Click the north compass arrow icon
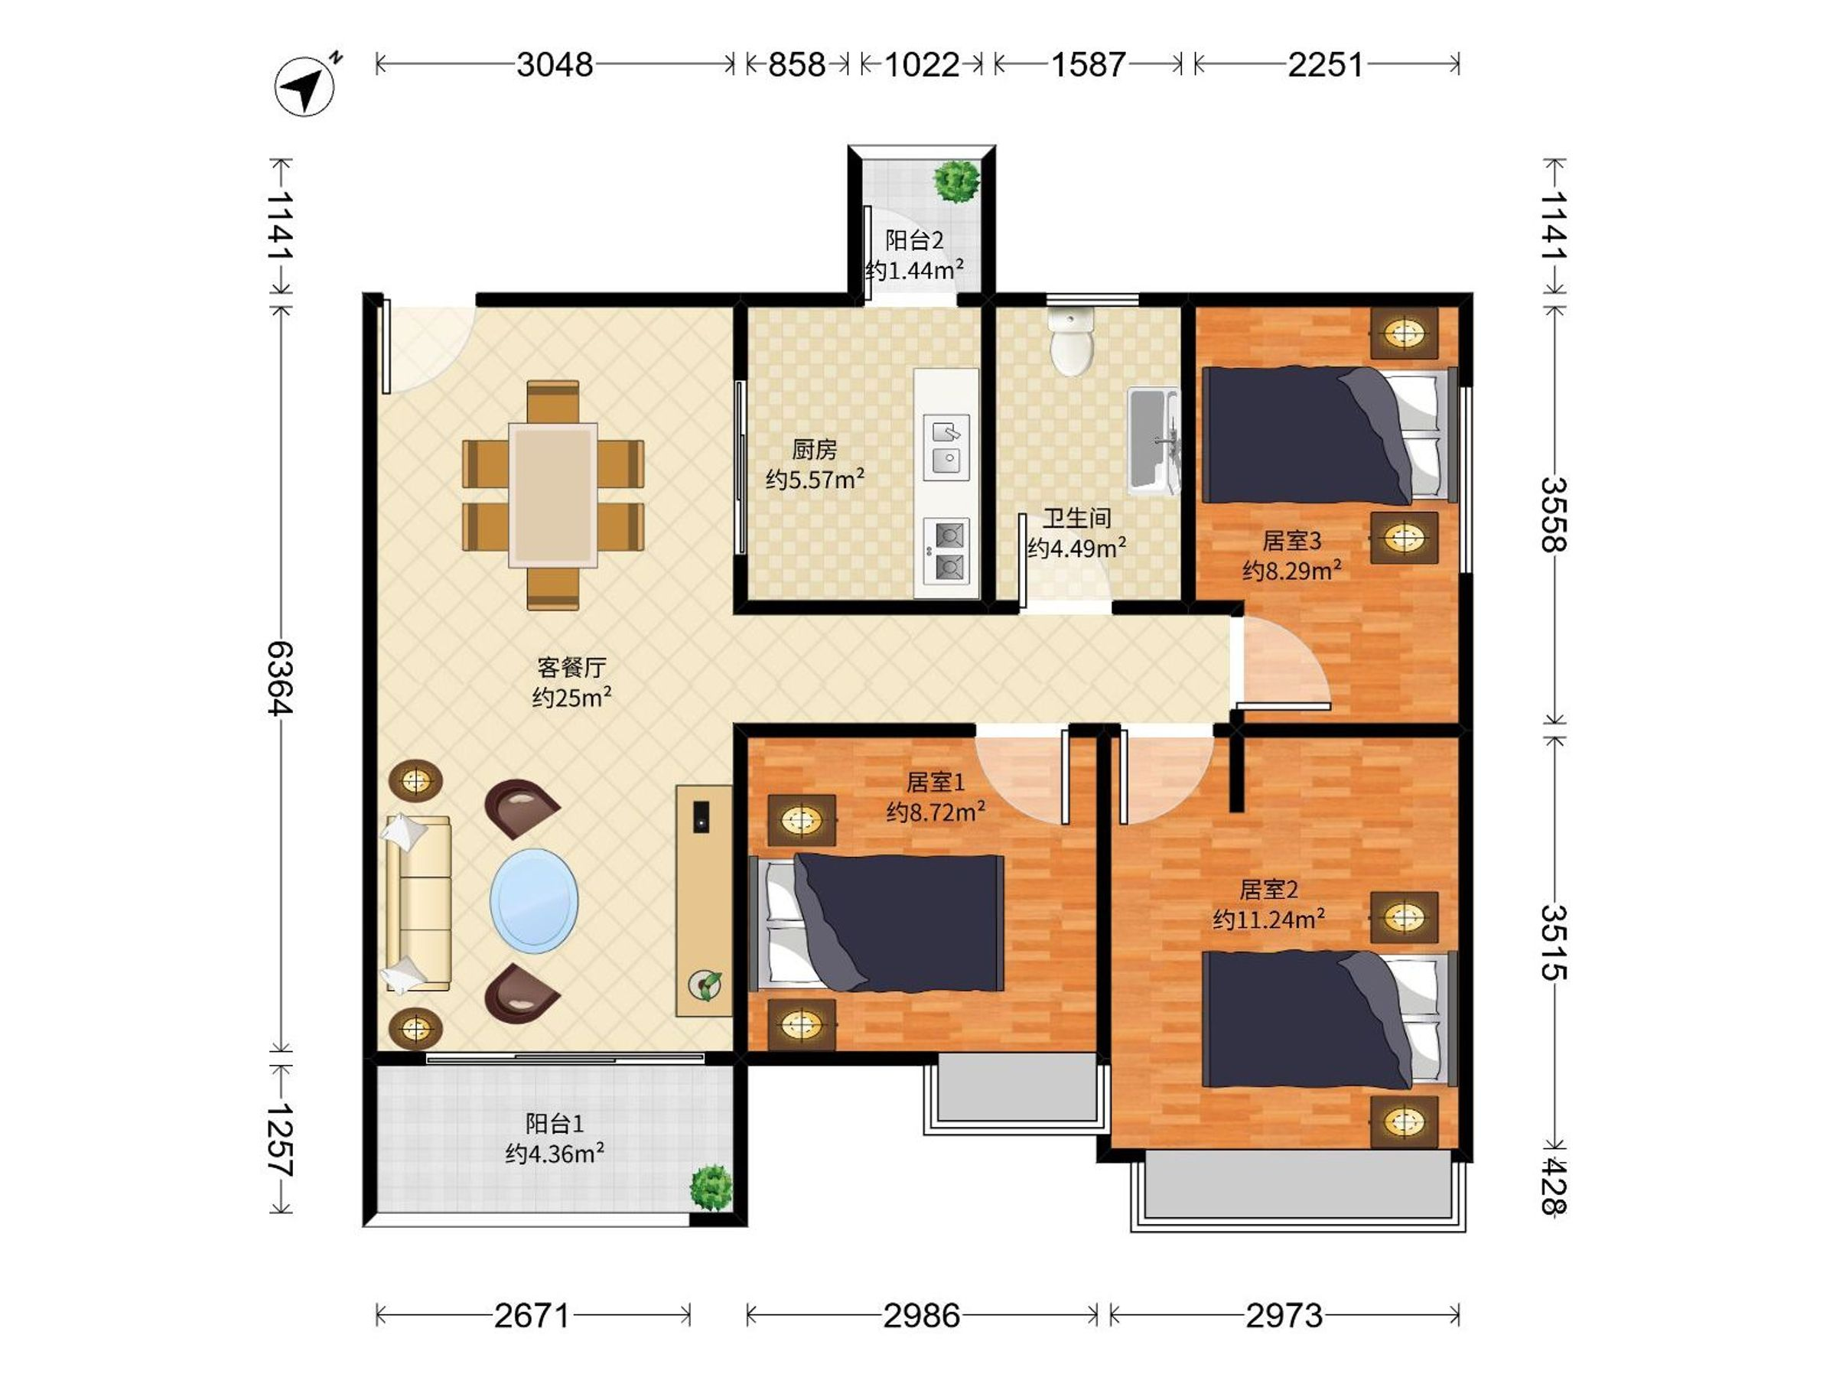point(304,86)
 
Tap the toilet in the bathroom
point(1072,341)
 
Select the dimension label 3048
point(555,65)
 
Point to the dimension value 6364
point(280,677)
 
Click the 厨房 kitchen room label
point(814,450)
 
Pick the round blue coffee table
point(535,900)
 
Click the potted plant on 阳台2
point(957,181)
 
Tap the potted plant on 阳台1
point(711,1187)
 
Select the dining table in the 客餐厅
point(553,495)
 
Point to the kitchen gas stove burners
point(947,549)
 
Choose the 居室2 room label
point(1268,890)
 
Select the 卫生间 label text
point(1076,519)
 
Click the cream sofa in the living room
point(418,903)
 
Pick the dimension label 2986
point(921,1316)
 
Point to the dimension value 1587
point(1088,65)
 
